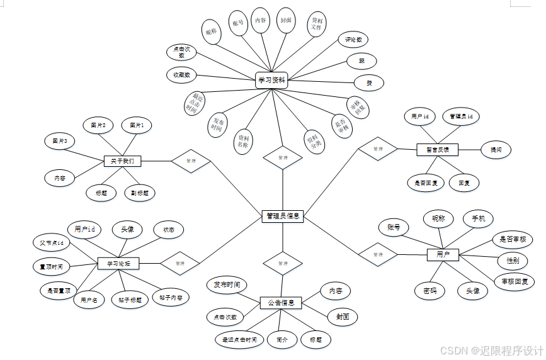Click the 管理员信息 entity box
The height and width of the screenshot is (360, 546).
click(282, 217)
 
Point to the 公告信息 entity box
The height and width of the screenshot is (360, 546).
click(282, 303)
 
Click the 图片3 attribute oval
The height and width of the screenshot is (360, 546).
click(60, 141)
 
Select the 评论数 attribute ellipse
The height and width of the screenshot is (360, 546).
click(353, 40)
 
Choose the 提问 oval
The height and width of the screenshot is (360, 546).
click(496, 150)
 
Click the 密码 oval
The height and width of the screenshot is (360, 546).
click(429, 291)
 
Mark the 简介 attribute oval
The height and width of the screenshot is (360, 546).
click(282, 339)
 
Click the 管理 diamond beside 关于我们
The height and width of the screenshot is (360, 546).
click(190, 161)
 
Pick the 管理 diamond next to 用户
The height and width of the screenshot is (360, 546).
click(378, 255)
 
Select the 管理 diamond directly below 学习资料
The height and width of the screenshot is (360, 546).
click(283, 157)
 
